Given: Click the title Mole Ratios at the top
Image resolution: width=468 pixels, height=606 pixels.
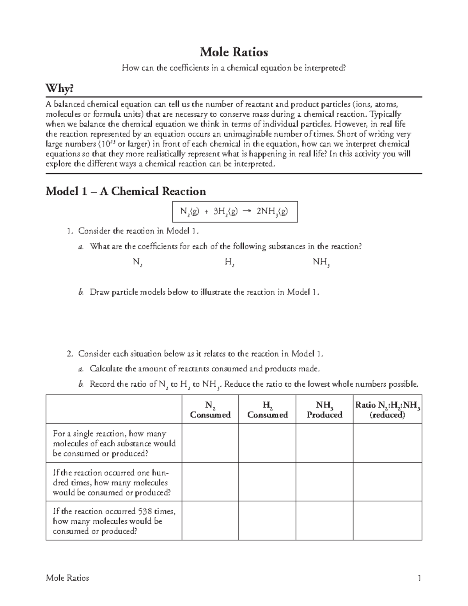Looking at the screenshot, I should [234, 52].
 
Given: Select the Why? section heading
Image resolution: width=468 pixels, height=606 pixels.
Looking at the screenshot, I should [60, 89].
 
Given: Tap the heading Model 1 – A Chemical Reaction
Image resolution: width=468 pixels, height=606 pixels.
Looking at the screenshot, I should [126, 191].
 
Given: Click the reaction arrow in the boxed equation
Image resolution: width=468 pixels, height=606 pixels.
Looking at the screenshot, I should [246, 211].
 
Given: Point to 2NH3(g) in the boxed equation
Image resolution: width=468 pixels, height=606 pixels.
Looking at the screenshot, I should [272, 212].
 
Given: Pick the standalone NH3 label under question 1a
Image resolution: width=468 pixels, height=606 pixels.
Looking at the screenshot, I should [322, 263].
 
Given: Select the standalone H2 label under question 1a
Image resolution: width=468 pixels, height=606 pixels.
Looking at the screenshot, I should [229, 263].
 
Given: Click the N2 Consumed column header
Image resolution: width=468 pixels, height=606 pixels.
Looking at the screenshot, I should [210, 410].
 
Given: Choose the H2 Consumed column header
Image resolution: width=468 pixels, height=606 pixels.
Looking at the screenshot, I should [267, 410].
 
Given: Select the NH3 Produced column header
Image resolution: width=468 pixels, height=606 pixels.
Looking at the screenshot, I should [324, 410].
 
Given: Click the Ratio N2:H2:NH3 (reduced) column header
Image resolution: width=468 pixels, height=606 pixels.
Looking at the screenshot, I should [387, 410].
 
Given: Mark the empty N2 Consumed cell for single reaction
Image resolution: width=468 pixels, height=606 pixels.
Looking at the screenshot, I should [210, 443].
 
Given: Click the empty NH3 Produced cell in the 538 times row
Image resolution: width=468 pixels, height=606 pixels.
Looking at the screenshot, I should [324, 521].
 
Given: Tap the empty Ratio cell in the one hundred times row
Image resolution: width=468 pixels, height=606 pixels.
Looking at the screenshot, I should [387, 482].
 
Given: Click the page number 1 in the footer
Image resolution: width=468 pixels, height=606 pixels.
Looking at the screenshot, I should [419, 578].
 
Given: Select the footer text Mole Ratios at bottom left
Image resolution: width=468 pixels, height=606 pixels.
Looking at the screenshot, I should [67, 578].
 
